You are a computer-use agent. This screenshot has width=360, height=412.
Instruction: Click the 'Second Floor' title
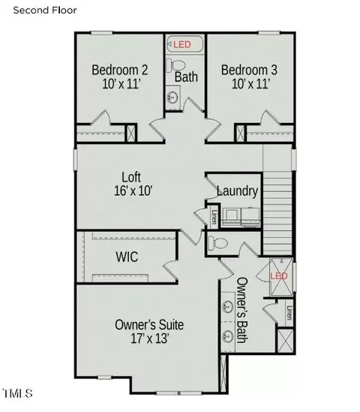click(x=45, y=11)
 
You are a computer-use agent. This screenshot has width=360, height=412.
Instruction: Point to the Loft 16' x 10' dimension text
click(x=133, y=191)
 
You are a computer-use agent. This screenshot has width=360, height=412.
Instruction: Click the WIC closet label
click(x=127, y=257)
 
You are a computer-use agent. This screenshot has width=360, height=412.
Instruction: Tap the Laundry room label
click(x=237, y=191)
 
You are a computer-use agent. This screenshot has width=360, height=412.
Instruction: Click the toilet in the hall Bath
click(x=175, y=65)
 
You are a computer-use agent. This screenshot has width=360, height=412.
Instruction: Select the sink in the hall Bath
click(x=172, y=98)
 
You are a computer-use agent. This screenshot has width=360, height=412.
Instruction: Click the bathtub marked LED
click(x=184, y=44)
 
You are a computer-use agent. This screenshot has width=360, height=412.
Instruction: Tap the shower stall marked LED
click(x=281, y=277)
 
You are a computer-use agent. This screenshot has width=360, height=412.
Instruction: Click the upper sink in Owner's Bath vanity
click(x=227, y=306)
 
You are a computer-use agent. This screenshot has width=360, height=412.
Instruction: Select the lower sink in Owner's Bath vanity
click(x=227, y=336)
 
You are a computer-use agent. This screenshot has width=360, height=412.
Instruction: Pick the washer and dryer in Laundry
click(x=241, y=217)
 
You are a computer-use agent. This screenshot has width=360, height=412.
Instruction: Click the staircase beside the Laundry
click(x=277, y=212)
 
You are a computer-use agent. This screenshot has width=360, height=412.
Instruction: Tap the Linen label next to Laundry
click(x=214, y=217)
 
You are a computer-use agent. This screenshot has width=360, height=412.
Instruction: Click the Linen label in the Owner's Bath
click(x=289, y=313)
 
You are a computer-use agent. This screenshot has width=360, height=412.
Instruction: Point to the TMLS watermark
click(x=17, y=393)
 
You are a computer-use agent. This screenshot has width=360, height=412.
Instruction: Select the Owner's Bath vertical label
click(x=242, y=310)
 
